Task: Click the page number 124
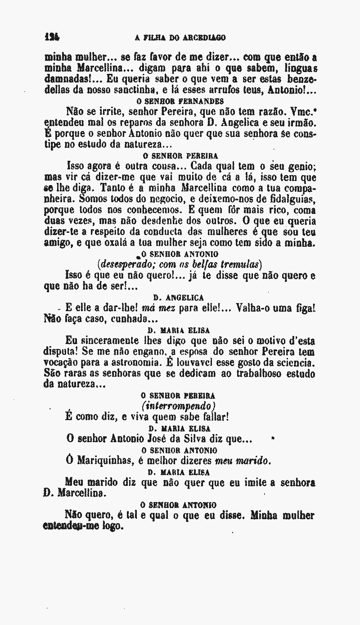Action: [53, 37]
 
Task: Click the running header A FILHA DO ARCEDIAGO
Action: [180, 37]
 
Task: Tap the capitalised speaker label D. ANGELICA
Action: [179, 298]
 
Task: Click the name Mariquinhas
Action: [103, 461]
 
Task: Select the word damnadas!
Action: [69, 79]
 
